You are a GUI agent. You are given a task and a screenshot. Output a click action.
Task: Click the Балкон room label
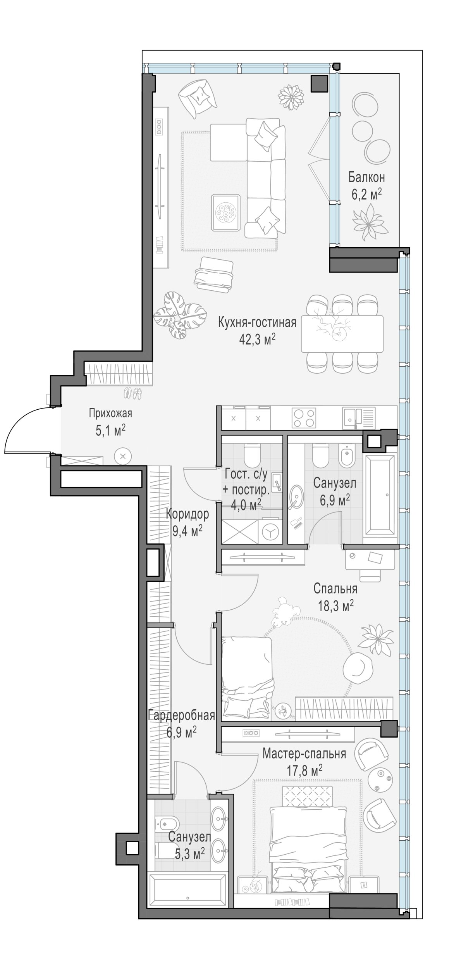[366, 178]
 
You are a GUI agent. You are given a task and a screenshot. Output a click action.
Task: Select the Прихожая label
[110, 414]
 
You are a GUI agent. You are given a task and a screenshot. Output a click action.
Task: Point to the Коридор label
[187, 514]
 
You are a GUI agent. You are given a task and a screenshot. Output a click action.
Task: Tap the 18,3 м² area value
[336, 606]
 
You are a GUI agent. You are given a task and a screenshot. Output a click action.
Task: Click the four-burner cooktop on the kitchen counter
[304, 418]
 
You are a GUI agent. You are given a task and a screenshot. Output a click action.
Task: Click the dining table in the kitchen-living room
[342, 333]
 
